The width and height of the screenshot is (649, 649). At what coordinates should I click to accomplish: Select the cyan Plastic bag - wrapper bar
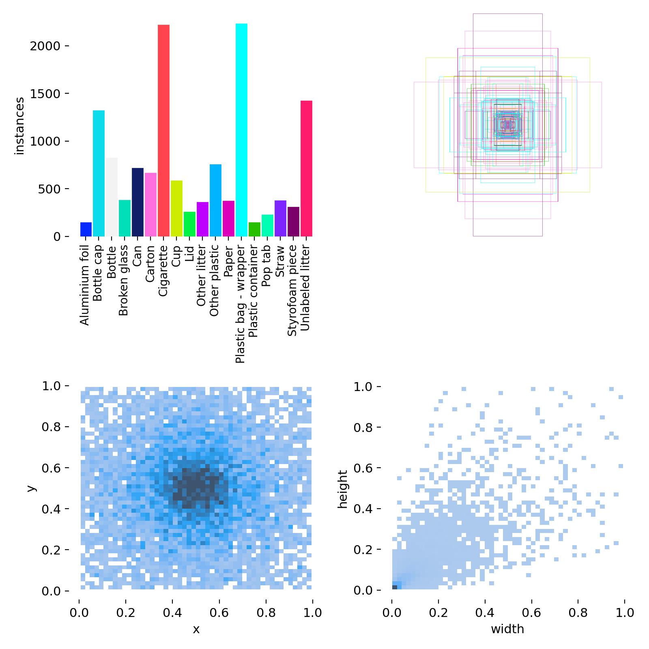(x=241, y=130)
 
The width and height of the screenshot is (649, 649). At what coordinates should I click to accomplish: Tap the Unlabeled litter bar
(x=306, y=168)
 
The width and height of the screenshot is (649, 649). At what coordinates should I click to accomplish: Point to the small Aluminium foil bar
(x=86, y=229)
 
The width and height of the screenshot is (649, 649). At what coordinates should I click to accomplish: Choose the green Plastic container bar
(x=254, y=229)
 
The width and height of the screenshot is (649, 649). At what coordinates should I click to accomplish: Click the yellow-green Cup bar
(x=176, y=208)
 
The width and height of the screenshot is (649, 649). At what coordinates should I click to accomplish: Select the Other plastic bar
(x=215, y=200)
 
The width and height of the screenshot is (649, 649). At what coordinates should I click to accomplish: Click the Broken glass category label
(x=124, y=280)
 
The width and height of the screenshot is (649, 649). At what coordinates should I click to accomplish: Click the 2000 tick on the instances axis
(x=45, y=46)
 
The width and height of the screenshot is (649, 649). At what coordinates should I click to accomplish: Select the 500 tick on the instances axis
(x=49, y=189)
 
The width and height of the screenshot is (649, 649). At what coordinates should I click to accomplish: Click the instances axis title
(x=19, y=126)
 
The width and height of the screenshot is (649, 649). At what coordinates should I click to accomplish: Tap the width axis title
(x=507, y=629)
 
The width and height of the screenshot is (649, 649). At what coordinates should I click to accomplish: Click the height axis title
(x=343, y=489)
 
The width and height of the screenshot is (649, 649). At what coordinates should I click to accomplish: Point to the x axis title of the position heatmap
(x=196, y=629)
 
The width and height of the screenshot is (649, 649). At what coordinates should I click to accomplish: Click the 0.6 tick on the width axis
(x=531, y=612)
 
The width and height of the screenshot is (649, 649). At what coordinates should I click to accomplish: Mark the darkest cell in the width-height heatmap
(x=395, y=587)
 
